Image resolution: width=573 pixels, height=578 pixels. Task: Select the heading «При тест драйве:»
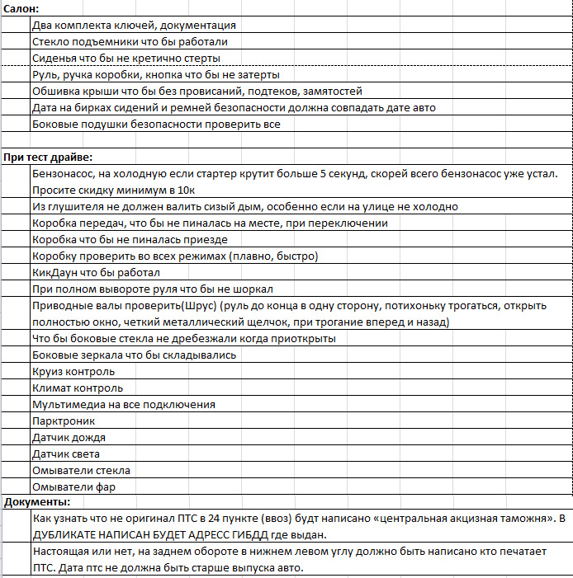click(x=47, y=157)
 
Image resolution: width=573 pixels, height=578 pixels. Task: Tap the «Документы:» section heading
click(x=37, y=501)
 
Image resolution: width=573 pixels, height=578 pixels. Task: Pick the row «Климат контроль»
click(x=78, y=388)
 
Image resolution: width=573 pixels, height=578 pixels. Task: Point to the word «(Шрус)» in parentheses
click(x=197, y=306)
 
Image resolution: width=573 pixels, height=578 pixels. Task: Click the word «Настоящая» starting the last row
click(x=60, y=551)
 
